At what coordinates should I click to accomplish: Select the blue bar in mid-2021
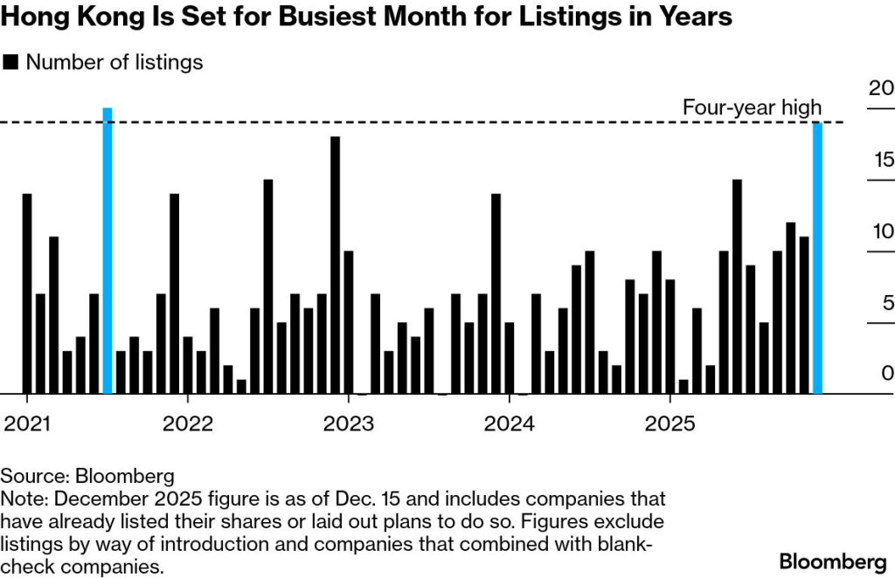pos(108,251)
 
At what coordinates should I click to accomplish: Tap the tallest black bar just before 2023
pos(335,265)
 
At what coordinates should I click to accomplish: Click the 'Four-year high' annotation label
pos(752,107)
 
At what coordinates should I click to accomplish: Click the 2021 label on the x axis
pos(27,424)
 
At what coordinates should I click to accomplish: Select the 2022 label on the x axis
pos(188,424)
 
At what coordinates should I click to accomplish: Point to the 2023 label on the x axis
pos(349,424)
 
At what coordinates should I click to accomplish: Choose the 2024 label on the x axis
pos(510,424)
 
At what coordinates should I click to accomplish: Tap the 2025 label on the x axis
pos(670,424)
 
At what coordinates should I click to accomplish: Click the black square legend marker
pos(11,62)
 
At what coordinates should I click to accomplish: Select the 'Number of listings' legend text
pos(114,62)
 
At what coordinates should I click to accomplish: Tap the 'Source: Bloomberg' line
pos(87,477)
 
